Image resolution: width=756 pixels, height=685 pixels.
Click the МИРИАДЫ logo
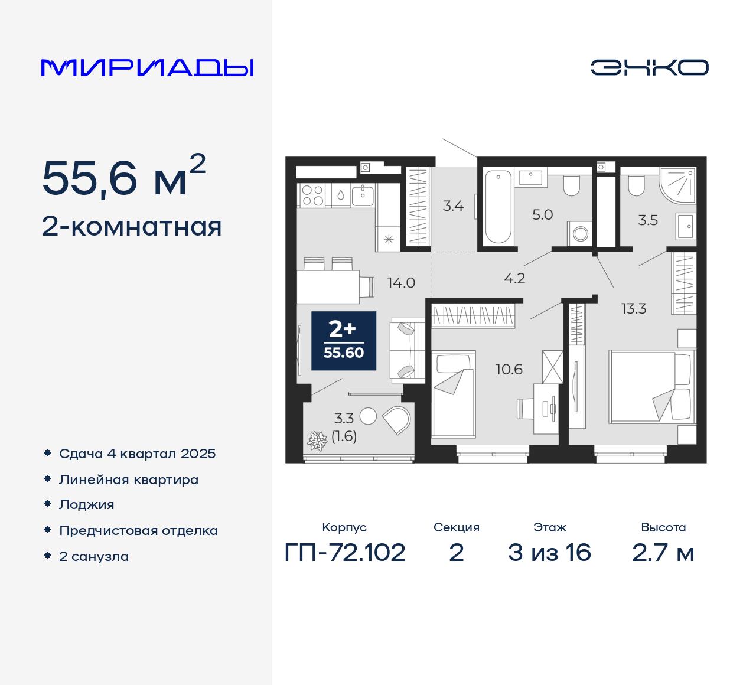click(x=148, y=68)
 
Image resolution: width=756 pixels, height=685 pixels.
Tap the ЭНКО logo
click(x=649, y=67)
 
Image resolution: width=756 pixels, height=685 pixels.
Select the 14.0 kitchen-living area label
click(x=401, y=283)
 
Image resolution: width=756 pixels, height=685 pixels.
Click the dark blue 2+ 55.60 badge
click(x=344, y=341)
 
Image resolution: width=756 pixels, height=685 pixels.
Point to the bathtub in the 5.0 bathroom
click(x=497, y=206)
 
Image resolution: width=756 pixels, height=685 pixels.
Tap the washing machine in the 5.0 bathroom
click(x=580, y=233)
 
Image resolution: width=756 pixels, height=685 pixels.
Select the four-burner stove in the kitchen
click(x=312, y=195)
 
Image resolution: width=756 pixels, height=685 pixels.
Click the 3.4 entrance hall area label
click(x=453, y=206)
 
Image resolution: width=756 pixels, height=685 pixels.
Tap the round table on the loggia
click(x=368, y=416)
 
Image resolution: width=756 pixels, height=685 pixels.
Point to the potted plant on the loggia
click(x=317, y=441)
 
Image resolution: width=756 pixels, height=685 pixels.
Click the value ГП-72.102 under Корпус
click(x=345, y=553)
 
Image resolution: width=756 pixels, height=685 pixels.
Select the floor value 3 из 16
click(x=549, y=553)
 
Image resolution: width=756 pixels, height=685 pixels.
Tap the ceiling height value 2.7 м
click(x=663, y=553)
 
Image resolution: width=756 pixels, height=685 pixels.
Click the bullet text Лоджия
click(x=87, y=504)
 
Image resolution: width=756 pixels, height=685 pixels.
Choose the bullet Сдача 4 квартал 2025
click(x=137, y=454)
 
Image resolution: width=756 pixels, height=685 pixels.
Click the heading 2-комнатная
click(x=132, y=227)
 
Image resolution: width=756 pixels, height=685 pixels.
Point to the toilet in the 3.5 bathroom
click(x=636, y=185)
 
